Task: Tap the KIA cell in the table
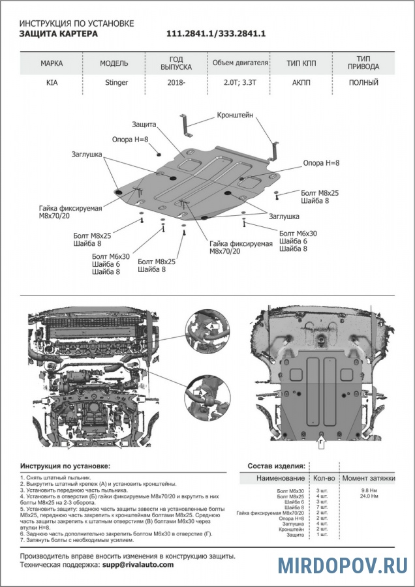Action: [x=52, y=83]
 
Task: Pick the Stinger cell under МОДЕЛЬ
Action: [x=117, y=83]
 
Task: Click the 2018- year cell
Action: [x=176, y=83]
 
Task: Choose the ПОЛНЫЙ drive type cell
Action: [x=363, y=83]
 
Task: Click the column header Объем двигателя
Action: [x=240, y=63]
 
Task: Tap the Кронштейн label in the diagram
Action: [x=236, y=115]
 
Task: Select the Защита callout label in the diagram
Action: [x=144, y=124]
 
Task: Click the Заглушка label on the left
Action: [x=87, y=155]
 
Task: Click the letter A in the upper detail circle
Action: [x=210, y=324]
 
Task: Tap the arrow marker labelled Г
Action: [x=320, y=443]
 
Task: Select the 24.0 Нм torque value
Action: [x=370, y=496]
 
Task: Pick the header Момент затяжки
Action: [x=369, y=478]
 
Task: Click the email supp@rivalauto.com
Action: [x=138, y=564]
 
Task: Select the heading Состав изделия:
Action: [x=276, y=466]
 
